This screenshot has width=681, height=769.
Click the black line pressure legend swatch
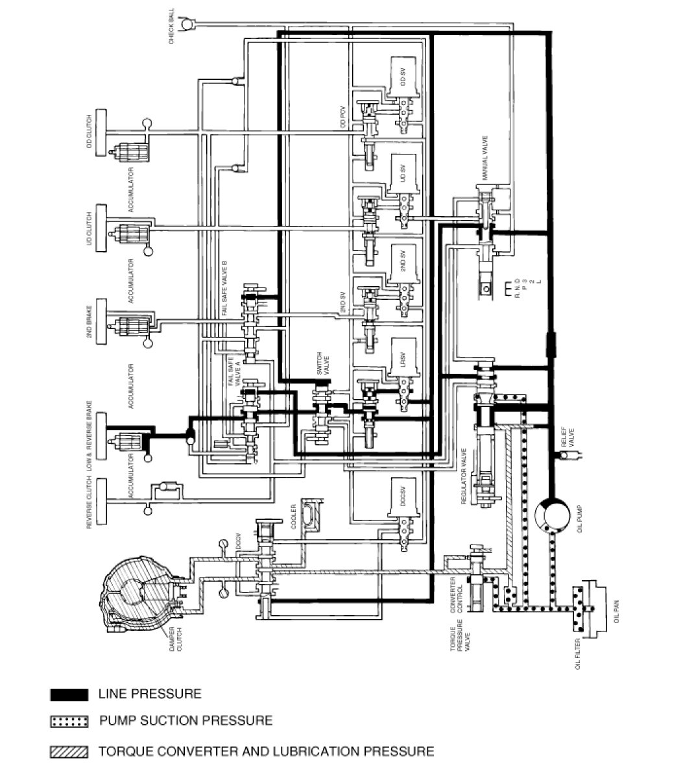click(x=69, y=694)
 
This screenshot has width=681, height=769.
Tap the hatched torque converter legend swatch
click(x=69, y=752)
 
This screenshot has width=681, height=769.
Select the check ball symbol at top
click(x=188, y=24)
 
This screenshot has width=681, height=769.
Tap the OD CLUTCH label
click(x=90, y=134)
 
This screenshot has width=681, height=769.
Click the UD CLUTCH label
click(x=90, y=228)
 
